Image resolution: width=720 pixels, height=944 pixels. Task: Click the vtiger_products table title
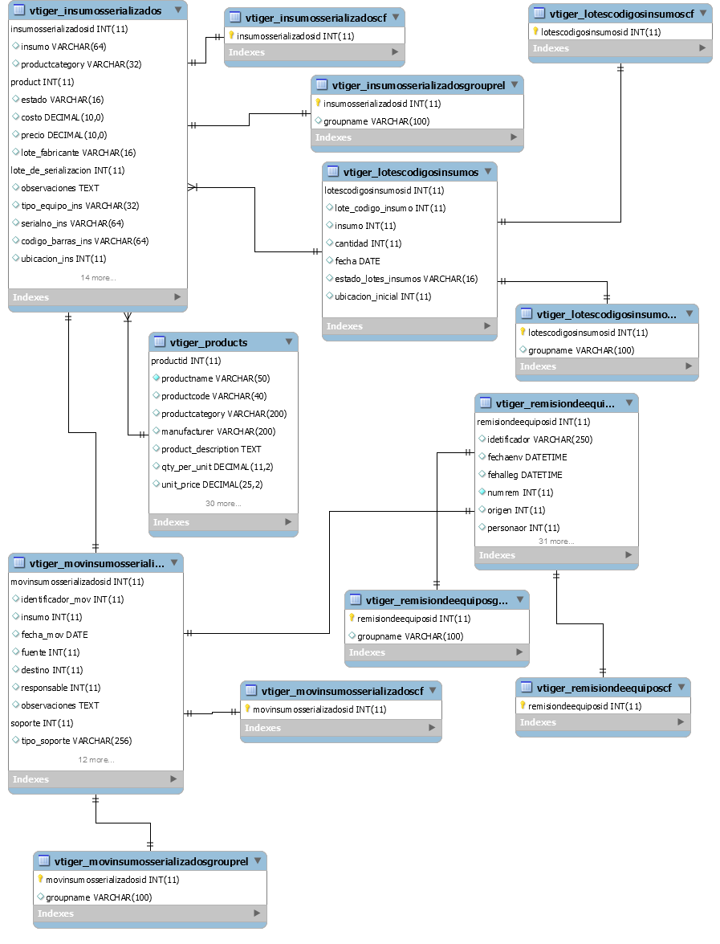[208, 342]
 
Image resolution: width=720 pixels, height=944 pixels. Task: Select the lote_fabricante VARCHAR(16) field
[78, 153]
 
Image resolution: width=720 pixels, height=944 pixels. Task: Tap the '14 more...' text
[98, 277]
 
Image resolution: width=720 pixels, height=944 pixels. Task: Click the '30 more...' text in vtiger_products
[223, 503]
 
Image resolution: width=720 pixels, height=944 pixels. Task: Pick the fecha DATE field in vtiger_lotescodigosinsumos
[357, 261]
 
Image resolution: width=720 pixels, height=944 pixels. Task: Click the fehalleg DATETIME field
[524, 475]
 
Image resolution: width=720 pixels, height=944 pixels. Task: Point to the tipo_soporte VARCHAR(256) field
[76, 741]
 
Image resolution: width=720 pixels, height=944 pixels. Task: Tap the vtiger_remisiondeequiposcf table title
[604, 689]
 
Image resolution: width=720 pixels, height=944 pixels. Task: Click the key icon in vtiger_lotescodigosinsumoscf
[535, 31]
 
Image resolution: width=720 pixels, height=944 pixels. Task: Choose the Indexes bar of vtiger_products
[223, 522]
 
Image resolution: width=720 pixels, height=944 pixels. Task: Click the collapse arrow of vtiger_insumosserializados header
[178, 10]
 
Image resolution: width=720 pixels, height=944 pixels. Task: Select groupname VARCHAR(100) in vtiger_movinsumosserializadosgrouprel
[99, 897]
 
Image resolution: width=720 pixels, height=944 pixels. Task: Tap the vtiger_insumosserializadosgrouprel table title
[418, 85]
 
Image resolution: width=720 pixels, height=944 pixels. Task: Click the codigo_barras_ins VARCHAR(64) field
[85, 241]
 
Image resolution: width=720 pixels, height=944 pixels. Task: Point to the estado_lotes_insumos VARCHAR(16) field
[406, 279]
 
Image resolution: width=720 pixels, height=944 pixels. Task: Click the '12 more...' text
[96, 760]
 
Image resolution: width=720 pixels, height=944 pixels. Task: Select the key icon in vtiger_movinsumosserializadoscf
[247, 709]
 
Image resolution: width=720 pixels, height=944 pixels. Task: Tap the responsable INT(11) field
[61, 689]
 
